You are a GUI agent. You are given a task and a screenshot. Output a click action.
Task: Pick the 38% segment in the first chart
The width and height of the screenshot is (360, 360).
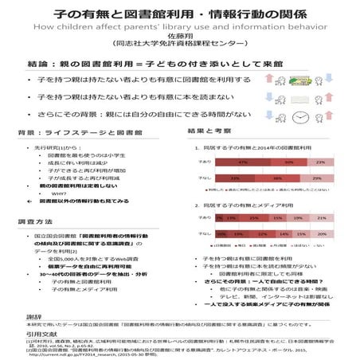(280, 178)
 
